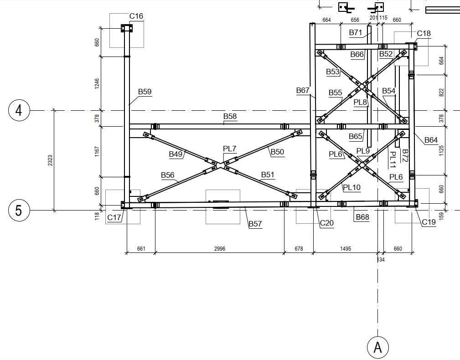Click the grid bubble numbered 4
pos(19,111)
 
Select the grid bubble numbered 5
pos(19,211)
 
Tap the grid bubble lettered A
pos(377,347)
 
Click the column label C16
pos(136,16)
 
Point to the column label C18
pos(424,33)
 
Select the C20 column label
pos(326,223)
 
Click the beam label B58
pos(230,117)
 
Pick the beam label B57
pos(255,224)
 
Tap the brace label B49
pos(176,154)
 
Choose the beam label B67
pos(303,91)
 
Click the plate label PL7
pos(229,149)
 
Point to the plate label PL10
pos(351,187)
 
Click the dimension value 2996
pos(220,249)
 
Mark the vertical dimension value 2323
pos(50,160)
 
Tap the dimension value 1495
pos(345,249)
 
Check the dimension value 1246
pos(97,83)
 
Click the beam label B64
pos(431,140)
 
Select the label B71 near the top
pos(355,32)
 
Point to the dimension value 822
pos(441,93)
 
